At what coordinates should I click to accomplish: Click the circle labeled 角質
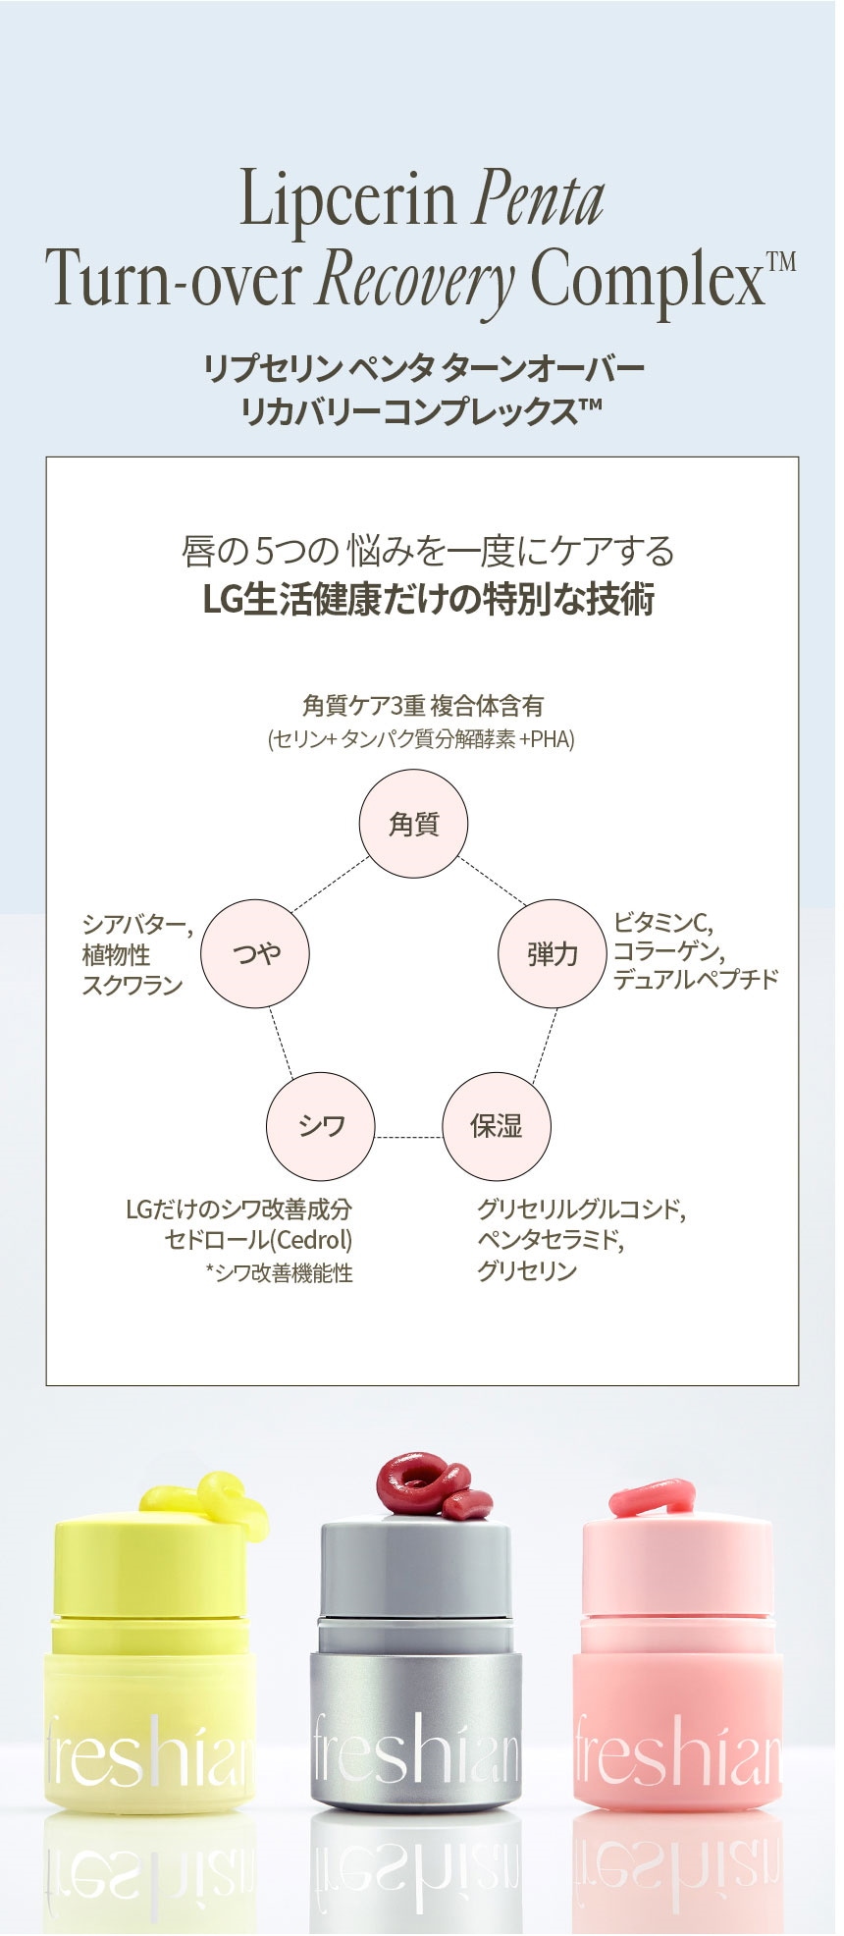click(413, 824)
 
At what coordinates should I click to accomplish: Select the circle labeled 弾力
click(552, 953)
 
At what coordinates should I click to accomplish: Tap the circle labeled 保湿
click(497, 1126)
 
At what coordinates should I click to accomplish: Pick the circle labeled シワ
click(321, 1126)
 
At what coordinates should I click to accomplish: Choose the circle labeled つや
click(255, 953)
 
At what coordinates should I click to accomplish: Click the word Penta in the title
click(539, 200)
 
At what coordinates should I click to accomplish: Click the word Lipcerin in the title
click(348, 198)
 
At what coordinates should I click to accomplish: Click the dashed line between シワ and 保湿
click(409, 1137)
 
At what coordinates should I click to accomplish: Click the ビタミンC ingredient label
click(662, 923)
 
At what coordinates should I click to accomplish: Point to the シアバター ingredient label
click(137, 925)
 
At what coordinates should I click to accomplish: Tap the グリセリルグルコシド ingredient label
click(581, 1210)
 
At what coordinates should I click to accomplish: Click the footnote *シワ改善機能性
click(279, 1273)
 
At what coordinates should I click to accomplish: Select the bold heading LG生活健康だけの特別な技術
click(429, 599)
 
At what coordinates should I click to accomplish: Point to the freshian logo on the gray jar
click(415, 1748)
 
